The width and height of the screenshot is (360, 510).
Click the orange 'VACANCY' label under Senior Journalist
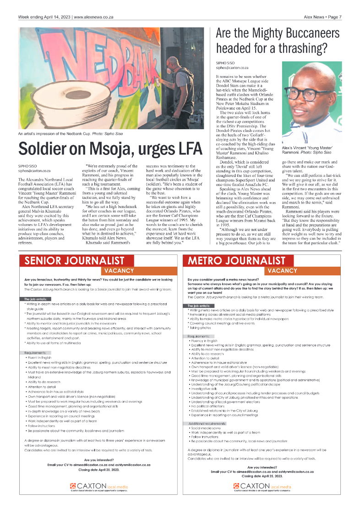point(119,271)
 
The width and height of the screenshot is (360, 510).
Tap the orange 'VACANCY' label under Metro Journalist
point(283,271)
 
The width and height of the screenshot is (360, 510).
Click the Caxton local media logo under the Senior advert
point(98,486)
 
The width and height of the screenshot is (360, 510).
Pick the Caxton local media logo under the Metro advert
point(262,486)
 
